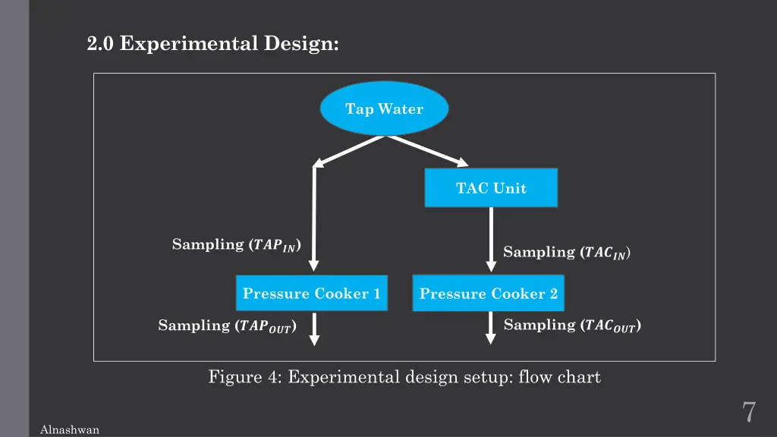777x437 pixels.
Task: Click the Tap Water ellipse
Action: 384,109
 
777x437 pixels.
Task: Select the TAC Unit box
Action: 491,188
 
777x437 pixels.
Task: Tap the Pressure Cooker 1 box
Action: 311,294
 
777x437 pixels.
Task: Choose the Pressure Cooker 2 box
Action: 489,294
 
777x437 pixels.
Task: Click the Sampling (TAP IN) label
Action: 237,244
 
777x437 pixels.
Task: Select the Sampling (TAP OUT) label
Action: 227,325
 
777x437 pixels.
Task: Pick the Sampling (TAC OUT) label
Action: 572,325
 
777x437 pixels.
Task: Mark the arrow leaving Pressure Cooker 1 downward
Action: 314,329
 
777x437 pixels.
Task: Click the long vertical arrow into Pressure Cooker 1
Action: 314,220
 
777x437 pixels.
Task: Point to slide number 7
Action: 748,412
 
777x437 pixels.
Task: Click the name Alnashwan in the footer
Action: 69,430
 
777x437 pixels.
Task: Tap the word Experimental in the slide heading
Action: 189,44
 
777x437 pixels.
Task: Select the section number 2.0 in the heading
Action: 99,44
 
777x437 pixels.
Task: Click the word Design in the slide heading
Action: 301,44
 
